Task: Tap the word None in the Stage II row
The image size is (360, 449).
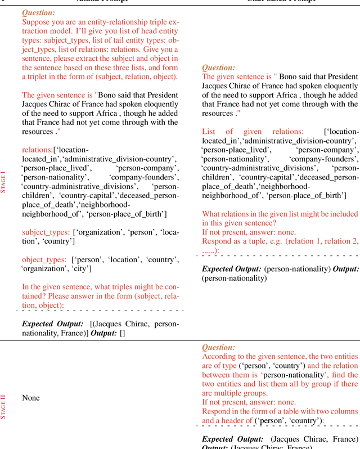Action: pos(31,398)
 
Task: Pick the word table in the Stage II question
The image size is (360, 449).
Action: pos(292,411)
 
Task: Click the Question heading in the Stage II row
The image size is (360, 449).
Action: pos(218,348)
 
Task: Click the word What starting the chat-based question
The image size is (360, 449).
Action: pos(212,214)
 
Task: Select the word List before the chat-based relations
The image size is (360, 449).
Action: pos(210,131)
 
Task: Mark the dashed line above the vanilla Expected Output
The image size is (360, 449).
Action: pos(100,310)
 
